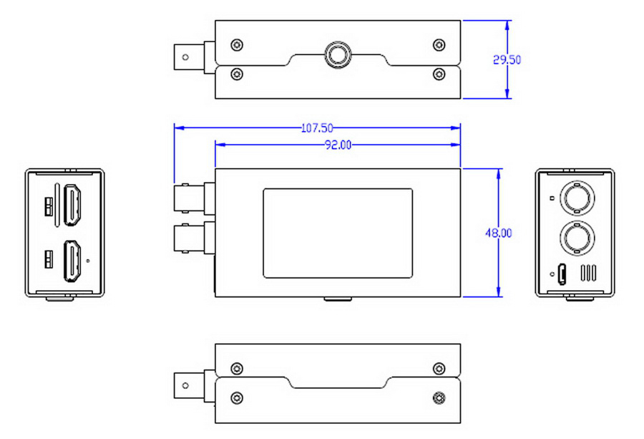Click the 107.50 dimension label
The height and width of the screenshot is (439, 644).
click(317, 128)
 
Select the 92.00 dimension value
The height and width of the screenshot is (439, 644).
click(338, 145)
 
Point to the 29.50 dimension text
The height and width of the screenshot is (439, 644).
click(507, 60)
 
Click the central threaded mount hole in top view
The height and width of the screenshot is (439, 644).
click(336, 54)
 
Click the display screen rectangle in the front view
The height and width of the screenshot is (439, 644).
click(338, 233)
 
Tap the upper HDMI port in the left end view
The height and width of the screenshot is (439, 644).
click(73, 204)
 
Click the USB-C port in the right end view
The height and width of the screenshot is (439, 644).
click(562, 274)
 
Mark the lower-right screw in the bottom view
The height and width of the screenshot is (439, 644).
click(439, 397)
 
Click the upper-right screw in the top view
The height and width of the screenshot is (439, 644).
click(439, 45)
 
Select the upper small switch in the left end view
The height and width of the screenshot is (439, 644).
click(49, 206)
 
